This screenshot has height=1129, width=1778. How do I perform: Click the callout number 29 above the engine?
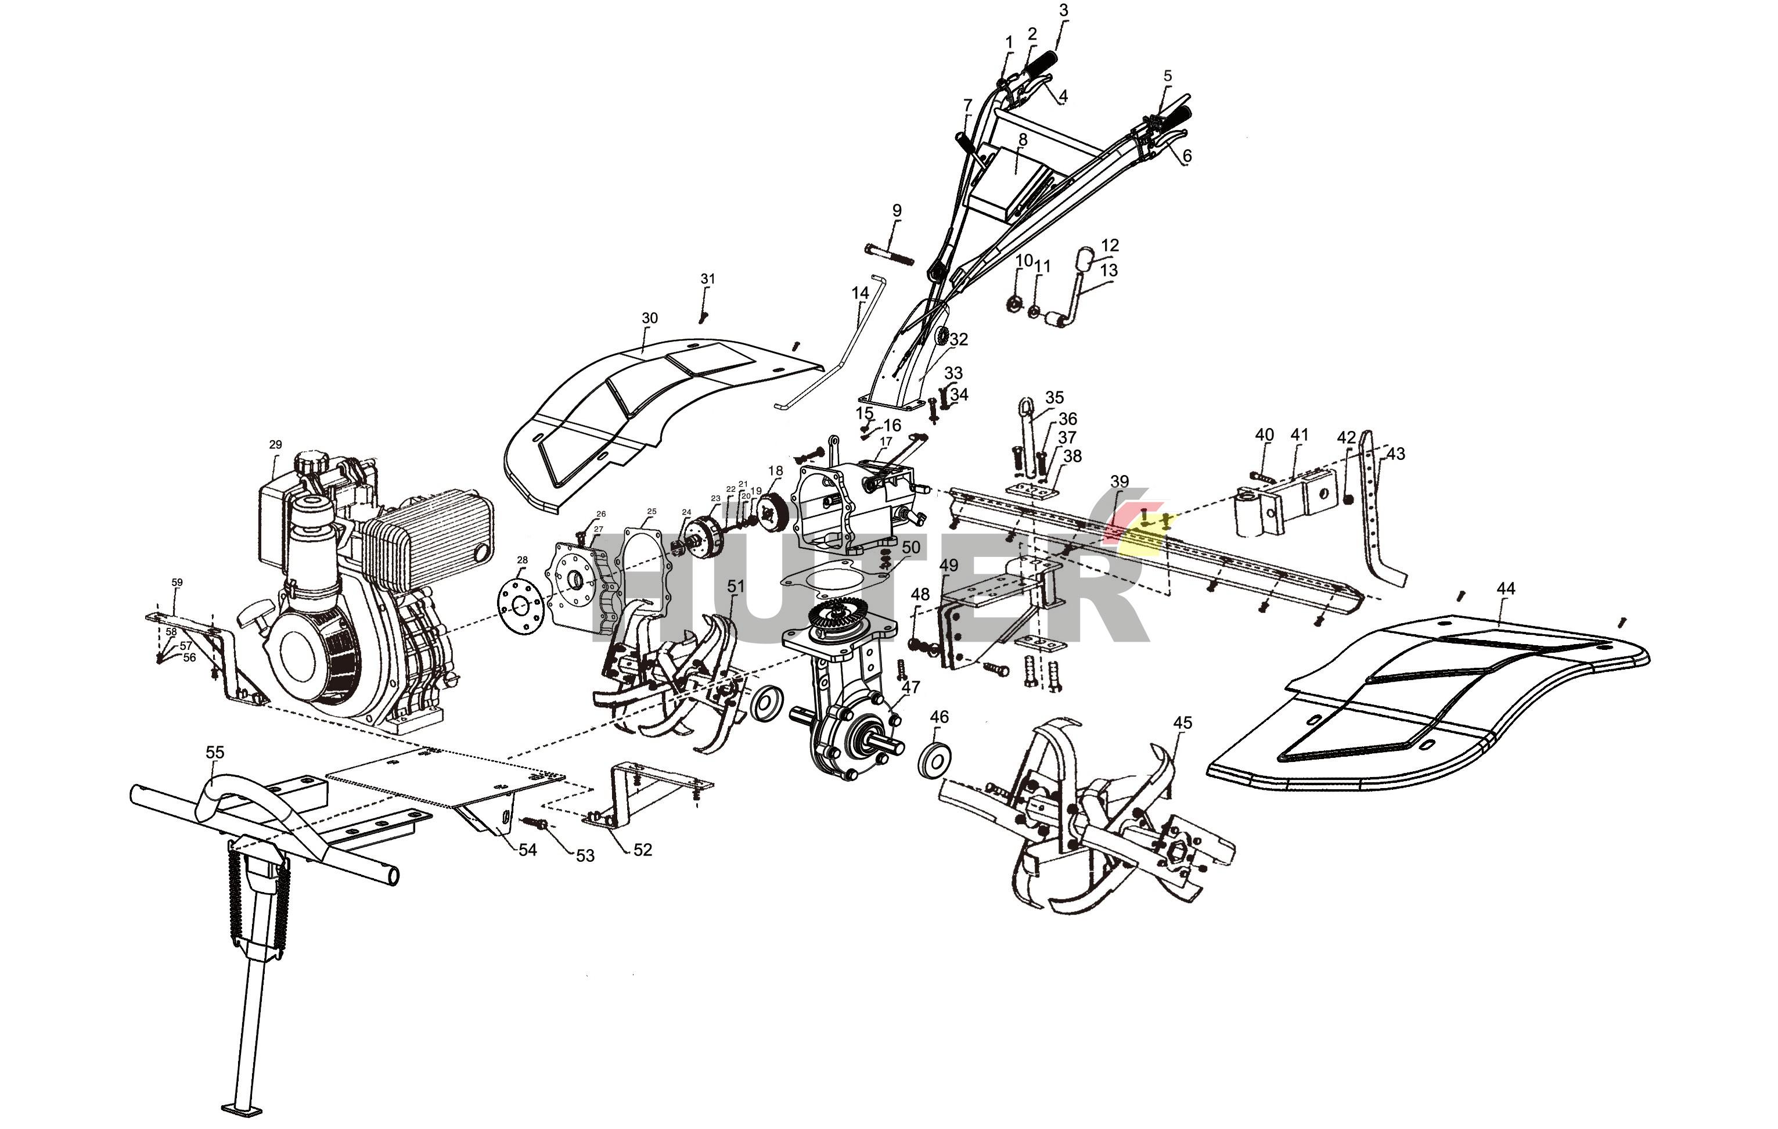tap(275, 444)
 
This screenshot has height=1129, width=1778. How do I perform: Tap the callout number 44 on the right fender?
tap(1506, 588)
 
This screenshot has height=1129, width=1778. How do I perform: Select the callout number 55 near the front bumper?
tap(215, 753)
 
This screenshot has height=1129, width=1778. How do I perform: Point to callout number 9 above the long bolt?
tap(897, 210)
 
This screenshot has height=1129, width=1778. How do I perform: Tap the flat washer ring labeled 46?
tap(936, 760)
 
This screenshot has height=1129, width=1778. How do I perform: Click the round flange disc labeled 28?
tap(521, 605)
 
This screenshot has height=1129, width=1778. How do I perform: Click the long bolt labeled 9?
tap(890, 255)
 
